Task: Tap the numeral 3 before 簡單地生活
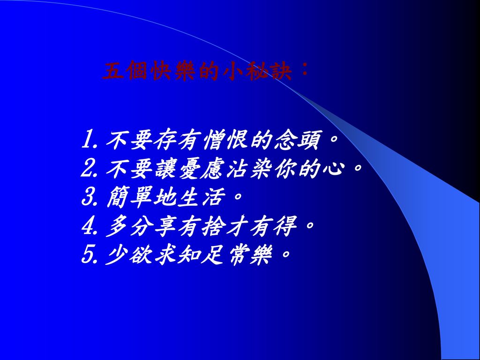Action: (88, 196)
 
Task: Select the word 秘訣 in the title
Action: (269, 71)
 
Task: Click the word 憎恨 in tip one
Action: (225, 140)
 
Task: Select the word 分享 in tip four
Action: (153, 225)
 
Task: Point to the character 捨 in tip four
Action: (214, 225)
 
